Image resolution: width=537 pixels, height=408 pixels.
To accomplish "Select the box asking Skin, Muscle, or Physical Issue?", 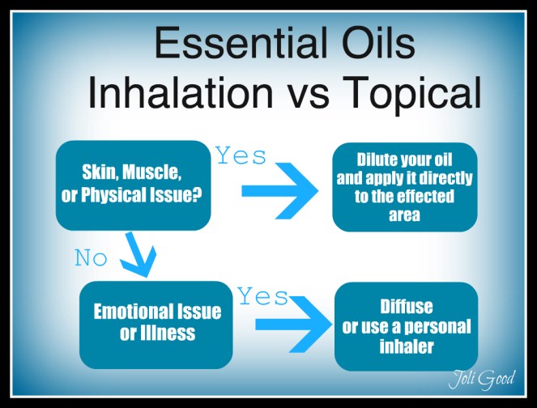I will pos(132,185).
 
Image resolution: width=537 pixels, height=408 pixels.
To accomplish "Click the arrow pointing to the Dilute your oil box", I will pos(279,194).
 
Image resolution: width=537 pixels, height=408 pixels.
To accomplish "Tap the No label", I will pos(92,258).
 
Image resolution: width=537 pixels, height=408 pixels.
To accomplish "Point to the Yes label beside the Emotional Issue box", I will pos(262,297).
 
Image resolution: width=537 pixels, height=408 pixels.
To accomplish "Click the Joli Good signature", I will pos(483,378).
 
